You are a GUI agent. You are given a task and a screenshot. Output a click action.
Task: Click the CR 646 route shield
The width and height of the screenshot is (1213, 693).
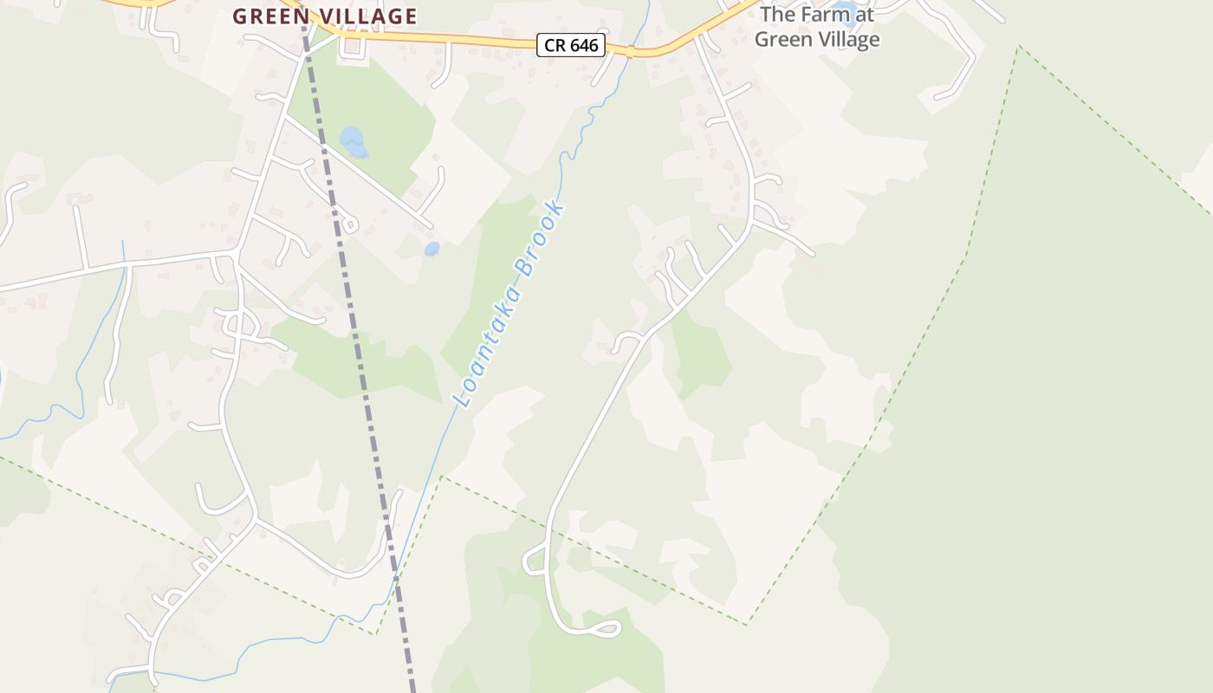[x=570, y=45]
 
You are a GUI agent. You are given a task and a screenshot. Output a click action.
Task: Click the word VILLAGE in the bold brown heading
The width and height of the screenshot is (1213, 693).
[x=369, y=16]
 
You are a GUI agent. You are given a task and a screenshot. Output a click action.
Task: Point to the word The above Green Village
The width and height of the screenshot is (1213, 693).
[x=778, y=14]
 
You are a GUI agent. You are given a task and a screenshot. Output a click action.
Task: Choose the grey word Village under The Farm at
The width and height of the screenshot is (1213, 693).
[x=841, y=39]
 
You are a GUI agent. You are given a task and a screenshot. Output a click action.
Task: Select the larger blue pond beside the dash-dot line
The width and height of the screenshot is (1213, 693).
[x=353, y=142]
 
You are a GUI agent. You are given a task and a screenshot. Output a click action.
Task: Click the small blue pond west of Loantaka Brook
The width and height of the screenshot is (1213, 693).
[x=431, y=249]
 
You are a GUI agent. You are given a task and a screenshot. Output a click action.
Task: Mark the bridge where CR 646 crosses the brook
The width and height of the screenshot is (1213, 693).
[x=631, y=52]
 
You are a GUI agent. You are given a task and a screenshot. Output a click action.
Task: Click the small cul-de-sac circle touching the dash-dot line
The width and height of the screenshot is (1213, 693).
[x=349, y=225]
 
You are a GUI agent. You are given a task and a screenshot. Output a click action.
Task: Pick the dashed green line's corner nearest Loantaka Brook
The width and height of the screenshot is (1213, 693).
[x=441, y=476]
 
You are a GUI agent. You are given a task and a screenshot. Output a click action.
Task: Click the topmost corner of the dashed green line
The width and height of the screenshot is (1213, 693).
[x=1019, y=46]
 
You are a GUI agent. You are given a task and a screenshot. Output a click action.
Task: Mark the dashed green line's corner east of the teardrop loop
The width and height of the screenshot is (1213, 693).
[x=748, y=624]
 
